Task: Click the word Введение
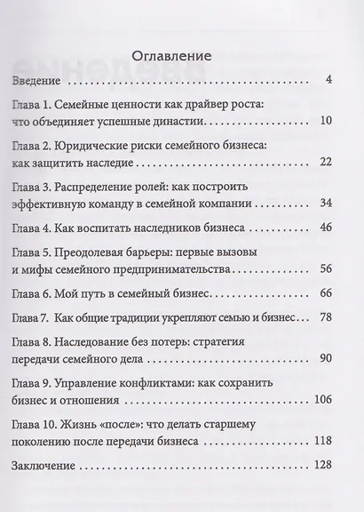pyautogui.click(x=37, y=83)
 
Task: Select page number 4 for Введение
pyautogui.click(x=328, y=83)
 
